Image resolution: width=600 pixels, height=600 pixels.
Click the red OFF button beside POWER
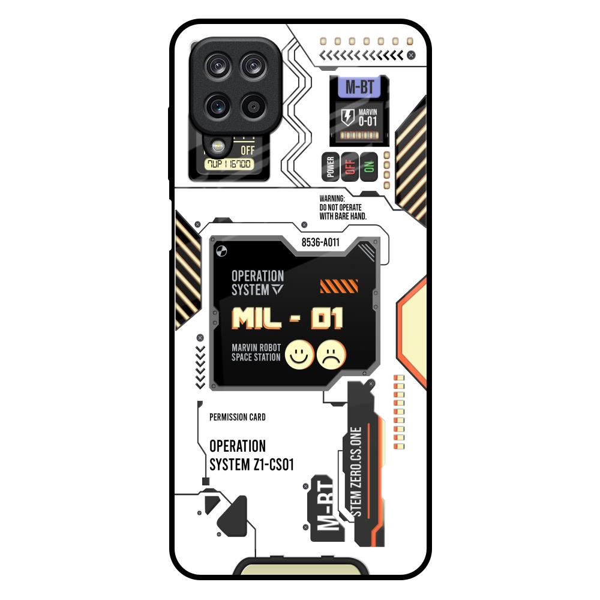tap(349, 166)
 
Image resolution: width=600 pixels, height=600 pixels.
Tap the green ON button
tap(368, 166)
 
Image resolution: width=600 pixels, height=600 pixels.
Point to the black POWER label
tap(329, 167)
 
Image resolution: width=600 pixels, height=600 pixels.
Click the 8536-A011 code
tap(320, 242)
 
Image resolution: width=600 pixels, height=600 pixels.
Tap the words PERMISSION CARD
tap(238, 417)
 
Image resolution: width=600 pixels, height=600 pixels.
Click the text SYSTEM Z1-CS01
tap(251, 464)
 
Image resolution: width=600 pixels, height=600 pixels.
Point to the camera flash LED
tap(215, 145)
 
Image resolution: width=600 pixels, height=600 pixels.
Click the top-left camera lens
tap(217, 66)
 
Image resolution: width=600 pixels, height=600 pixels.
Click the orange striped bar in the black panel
tap(339, 286)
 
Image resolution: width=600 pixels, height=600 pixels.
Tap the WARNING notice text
tap(343, 207)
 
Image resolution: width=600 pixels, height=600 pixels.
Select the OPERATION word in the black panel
tap(257, 276)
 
